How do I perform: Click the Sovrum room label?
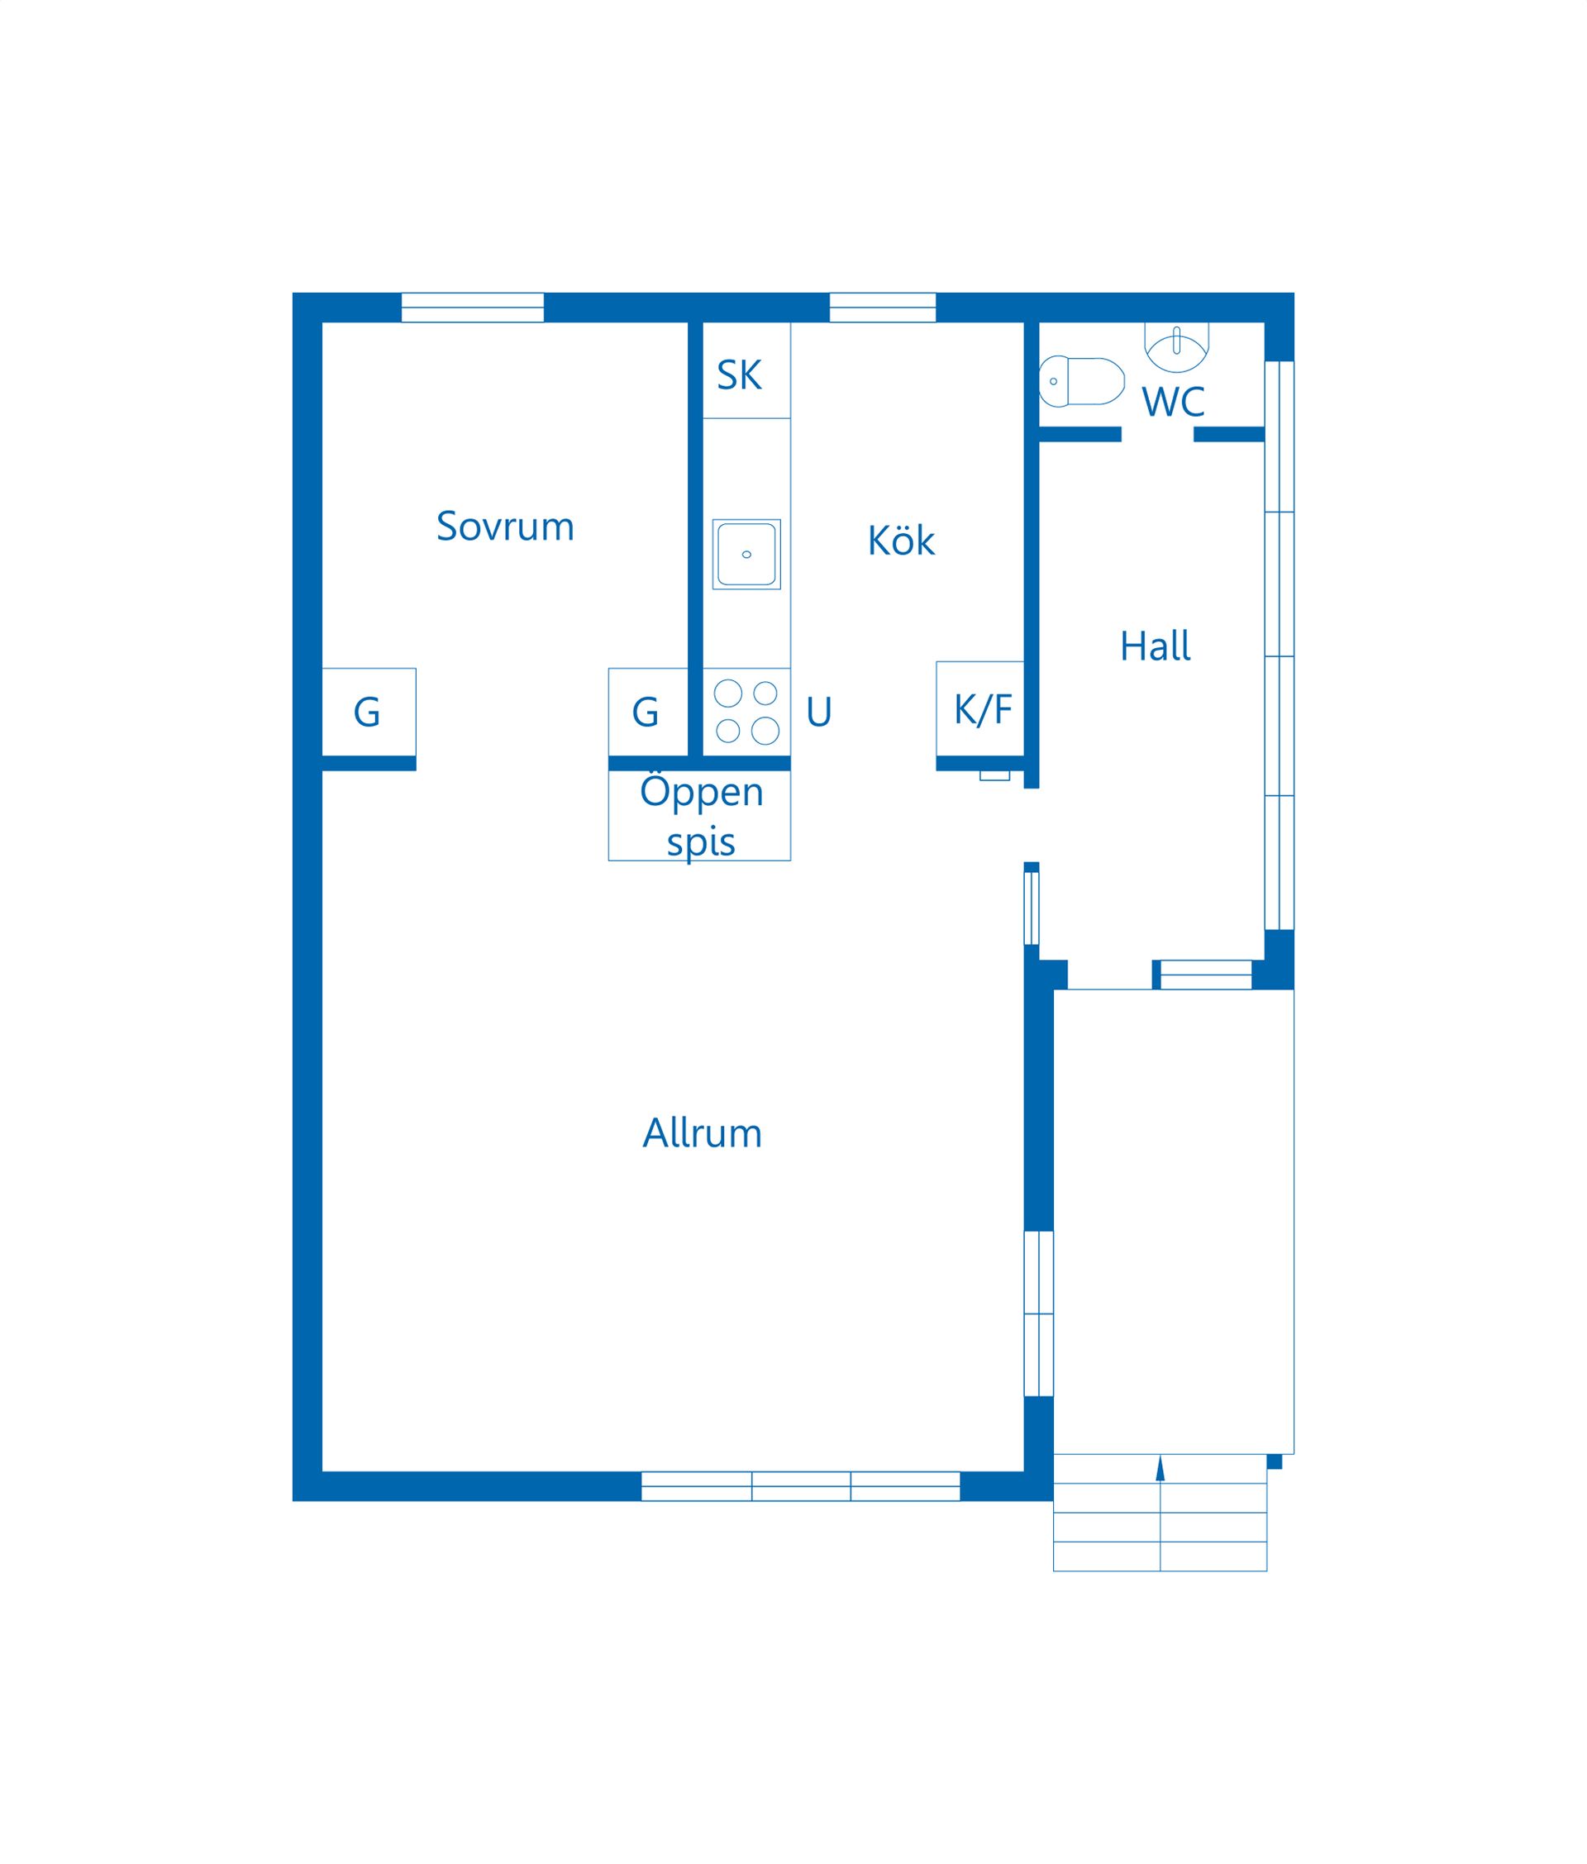(x=505, y=527)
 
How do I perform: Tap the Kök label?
(x=901, y=540)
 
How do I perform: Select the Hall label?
(x=1156, y=646)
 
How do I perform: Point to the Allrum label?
(x=702, y=1133)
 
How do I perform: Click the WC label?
(x=1173, y=402)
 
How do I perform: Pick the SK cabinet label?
(x=739, y=375)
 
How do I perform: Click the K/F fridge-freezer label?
(x=983, y=710)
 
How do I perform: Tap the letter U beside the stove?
(x=818, y=712)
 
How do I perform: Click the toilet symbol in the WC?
(x=1081, y=380)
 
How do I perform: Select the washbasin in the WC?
(x=1176, y=347)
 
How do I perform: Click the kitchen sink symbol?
(x=746, y=554)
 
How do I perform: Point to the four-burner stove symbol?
(x=746, y=712)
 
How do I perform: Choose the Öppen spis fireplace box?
(x=699, y=816)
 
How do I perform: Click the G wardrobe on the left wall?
(x=369, y=712)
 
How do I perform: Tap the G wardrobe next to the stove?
(x=648, y=712)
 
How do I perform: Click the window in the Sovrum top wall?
(x=472, y=307)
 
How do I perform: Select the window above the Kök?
(x=883, y=307)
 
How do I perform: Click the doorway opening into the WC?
(x=1157, y=435)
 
